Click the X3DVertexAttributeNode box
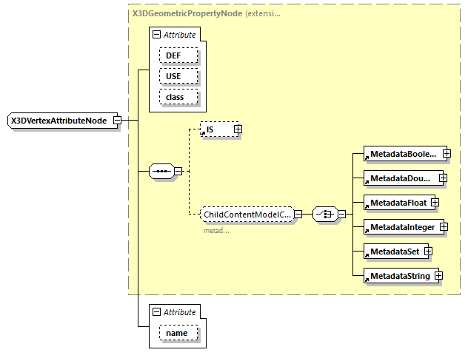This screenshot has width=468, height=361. point(59,121)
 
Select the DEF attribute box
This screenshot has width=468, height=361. point(173,56)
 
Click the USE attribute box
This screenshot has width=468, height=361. point(173,76)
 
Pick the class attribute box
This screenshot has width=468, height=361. point(175,97)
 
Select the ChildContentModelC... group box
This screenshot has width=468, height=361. point(247,214)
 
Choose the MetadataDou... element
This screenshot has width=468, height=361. point(402,178)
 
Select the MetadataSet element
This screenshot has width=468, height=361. point(394,252)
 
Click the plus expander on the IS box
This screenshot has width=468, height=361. point(238,129)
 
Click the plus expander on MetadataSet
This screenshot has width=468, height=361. point(428,252)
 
